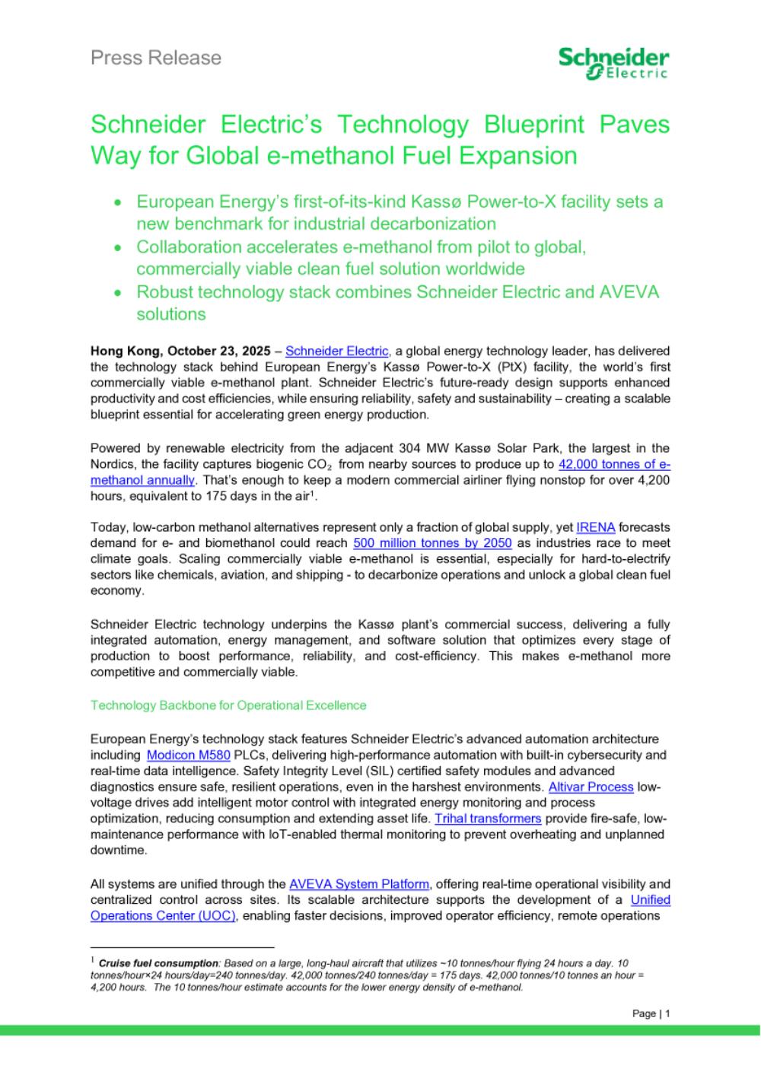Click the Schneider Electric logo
(613, 62)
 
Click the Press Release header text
(156, 58)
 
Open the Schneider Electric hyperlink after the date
(337, 351)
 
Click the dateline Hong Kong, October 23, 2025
(180, 351)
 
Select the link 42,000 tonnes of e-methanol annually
(614, 464)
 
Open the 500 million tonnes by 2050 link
(432, 542)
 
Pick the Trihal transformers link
(488, 819)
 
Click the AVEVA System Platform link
(359, 884)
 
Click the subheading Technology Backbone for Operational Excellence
(228, 705)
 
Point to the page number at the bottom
(651, 1013)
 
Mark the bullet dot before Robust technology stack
(117, 293)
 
